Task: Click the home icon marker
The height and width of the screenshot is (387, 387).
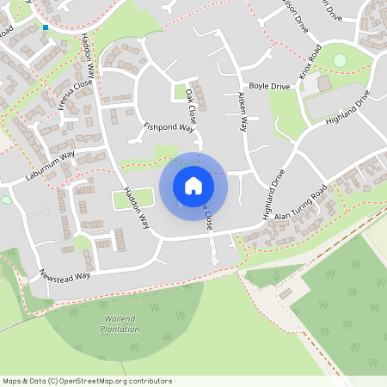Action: pos(193,185)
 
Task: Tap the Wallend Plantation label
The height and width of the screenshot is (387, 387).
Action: pos(120,324)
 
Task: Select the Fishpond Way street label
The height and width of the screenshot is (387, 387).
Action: pos(168,126)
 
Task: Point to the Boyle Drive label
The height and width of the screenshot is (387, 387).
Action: pos(269,87)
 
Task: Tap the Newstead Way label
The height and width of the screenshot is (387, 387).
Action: pos(64,276)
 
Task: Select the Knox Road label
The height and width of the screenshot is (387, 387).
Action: pos(310,65)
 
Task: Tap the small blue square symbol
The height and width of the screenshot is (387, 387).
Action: pos(46,28)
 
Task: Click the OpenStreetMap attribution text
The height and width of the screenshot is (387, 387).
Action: pos(87,380)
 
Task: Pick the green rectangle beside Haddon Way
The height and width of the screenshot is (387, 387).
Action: pos(133,200)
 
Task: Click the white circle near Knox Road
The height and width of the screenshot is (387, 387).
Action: pos(340,60)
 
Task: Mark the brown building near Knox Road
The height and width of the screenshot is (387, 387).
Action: pos(323,83)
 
